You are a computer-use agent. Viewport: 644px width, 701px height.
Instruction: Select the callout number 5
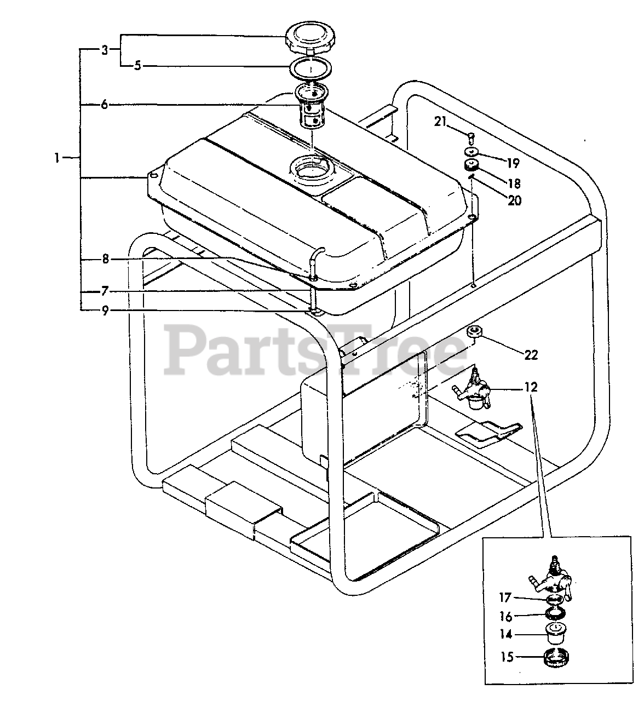[137, 66]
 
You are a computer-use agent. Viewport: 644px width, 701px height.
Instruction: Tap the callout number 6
[104, 104]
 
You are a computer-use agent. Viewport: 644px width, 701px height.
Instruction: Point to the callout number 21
[440, 122]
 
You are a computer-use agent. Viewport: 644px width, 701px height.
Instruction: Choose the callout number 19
[513, 163]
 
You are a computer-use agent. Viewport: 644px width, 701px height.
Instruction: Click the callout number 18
[514, 183]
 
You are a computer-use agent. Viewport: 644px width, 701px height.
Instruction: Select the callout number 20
[514, 200]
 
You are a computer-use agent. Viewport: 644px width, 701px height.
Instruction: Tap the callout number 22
[531, 355]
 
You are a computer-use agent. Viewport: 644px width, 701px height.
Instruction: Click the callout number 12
[531, 388]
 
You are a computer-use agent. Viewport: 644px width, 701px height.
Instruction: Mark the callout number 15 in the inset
[507, 656]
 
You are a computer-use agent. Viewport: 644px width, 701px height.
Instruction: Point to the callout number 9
[105, 311]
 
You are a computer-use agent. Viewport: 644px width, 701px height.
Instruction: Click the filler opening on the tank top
[311, 165]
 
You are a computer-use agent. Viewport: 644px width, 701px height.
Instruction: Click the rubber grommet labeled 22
[474, 332]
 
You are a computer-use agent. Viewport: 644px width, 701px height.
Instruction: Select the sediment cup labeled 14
[556, 634]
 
